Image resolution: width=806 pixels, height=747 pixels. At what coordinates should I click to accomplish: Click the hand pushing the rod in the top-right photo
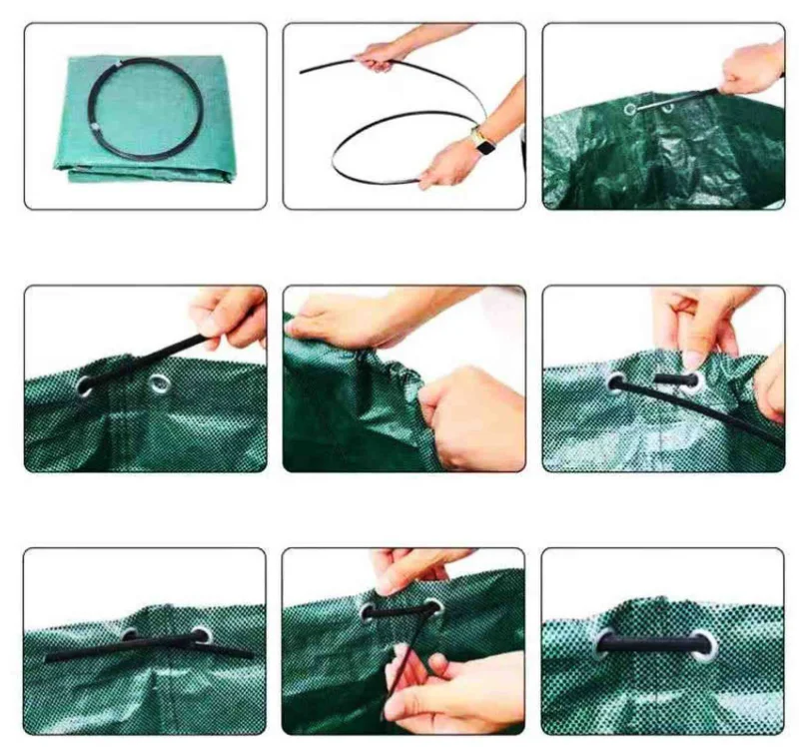751,69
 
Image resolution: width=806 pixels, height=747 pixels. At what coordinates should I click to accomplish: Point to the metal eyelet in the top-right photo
630,108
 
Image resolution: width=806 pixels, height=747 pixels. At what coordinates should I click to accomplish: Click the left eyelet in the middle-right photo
617,381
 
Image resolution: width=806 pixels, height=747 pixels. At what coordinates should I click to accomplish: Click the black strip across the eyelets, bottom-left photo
150,646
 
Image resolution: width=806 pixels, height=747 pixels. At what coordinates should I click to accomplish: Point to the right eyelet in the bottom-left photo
202,635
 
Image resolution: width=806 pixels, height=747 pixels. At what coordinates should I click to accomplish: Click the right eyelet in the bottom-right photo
705,644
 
